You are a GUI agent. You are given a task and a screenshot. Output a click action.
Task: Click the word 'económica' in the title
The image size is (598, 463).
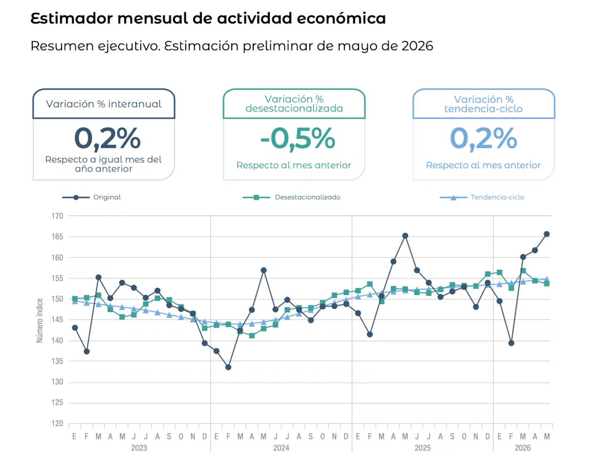point(341,18)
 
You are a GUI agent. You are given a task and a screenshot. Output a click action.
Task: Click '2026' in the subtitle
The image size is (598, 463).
point(417,46)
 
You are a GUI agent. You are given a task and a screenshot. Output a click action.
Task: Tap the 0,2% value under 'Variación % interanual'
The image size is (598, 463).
point(107,138)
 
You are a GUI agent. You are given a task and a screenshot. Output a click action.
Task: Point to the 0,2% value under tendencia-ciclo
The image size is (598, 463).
point(483,138)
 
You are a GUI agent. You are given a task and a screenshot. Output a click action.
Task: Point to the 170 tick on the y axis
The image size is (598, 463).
point(57,216)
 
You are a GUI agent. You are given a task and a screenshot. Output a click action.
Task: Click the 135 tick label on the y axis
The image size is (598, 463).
point(57,361)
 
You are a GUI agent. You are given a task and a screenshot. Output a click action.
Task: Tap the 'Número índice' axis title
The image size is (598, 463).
point(39,321)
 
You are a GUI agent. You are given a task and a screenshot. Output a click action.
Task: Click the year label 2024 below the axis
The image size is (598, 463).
point(281,448)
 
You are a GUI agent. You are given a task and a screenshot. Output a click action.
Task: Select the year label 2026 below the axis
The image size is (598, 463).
point(522,448)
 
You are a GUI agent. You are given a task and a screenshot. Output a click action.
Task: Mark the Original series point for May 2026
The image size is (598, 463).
point(547,234)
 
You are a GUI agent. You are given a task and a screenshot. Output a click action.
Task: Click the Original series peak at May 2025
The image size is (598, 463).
point(405,236)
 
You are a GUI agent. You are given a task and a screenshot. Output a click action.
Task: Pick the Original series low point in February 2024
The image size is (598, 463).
point(228,367)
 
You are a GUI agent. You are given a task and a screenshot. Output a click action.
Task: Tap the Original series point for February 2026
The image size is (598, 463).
point(511,343)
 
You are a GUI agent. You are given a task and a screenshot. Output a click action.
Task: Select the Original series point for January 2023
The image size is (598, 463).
point(75,328)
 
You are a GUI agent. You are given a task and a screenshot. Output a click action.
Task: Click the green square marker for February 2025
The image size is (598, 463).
point(370,284)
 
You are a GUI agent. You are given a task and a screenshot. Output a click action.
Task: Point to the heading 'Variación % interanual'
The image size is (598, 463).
point(103,104)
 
